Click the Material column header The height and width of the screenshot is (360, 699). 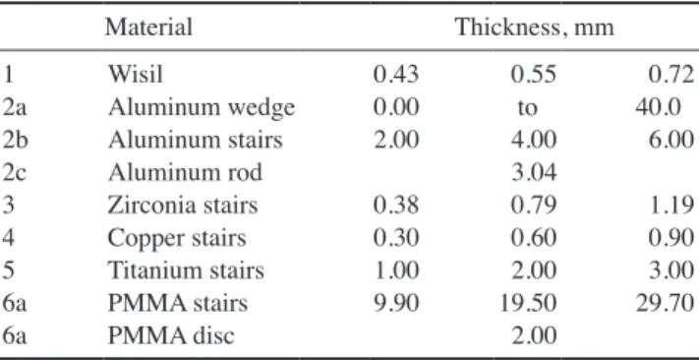[x=148, y=27]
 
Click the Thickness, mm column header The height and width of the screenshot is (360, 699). [x=534, y=28]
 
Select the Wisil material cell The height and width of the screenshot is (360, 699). [x=135, y=74]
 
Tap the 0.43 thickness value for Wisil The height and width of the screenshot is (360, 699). [x=396, y=75]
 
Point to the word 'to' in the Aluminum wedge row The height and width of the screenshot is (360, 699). [x=527, y=108]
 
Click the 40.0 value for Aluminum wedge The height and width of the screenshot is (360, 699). [x=658, y=107]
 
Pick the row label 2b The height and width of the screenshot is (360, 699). [x=15, y=140]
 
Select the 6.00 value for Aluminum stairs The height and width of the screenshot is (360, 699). [x=671, y=140]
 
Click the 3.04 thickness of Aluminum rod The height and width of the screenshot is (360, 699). [x=534, y=173]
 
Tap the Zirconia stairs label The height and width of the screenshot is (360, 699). [x=183, y=206]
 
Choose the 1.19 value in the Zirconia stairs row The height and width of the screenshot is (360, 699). [x=671, y=206]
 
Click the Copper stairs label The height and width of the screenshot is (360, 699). [x=177, y=239]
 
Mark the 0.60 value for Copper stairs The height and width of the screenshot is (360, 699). [x=534, y=239]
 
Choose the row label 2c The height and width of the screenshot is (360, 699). [x=15, y=173]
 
